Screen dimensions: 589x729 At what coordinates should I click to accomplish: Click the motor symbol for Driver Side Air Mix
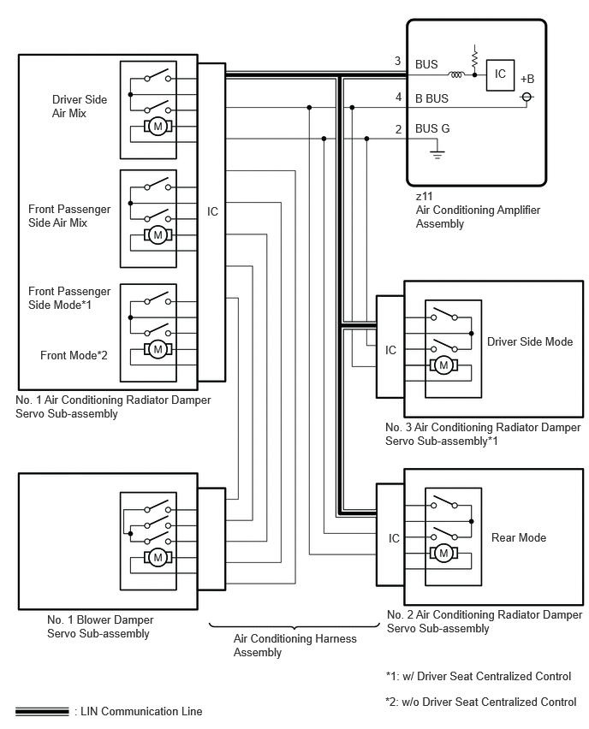click(x=158, y=126)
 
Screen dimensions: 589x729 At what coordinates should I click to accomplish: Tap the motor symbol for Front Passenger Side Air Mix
click(x=158, y=234)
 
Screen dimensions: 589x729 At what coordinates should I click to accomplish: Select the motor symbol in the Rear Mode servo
click(x=443, y=553)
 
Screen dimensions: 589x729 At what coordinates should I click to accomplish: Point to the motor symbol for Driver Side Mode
click(x=443, y=365)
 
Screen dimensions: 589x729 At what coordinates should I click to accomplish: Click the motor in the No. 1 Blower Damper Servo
click(x=158, y=557)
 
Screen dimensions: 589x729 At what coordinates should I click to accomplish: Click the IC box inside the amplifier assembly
click(x=500, y=74)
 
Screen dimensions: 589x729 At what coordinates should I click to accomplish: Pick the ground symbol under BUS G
click(x=437, y=152)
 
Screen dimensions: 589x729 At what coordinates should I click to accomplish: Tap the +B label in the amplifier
click(x=527, y=79)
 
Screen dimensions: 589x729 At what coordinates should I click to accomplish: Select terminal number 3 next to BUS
click(x=398, y=61)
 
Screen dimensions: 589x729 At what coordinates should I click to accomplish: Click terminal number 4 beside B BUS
click(x=398, y=97)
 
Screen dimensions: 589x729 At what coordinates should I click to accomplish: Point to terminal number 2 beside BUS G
click(x=398, y=129)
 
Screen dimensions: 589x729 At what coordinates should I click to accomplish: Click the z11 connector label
click(x=425, y=196)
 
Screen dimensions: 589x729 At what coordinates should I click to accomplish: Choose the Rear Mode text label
click(x=519, y=537)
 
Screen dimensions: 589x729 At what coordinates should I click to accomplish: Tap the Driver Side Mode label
click(x=530, y=341)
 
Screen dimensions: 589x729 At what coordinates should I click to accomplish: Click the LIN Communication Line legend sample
click(x=42, y=711)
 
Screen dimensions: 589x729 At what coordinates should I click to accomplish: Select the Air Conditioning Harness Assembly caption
click(x=295, y=645)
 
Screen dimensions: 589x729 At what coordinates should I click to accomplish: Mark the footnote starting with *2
click(x=480, y=702)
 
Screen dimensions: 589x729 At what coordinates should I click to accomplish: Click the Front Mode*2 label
click(x=74, y=355)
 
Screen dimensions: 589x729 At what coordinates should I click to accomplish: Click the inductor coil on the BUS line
click(x=456, y=74)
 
